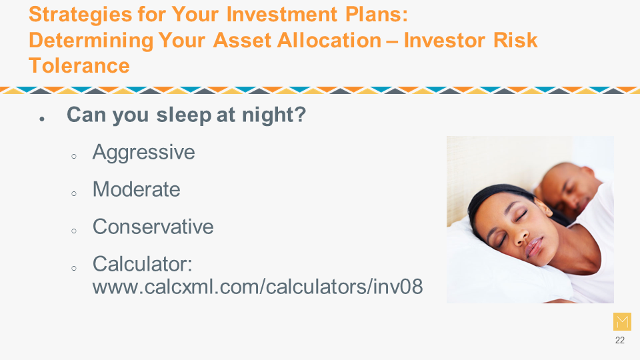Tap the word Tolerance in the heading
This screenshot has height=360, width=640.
(x=79, y=66)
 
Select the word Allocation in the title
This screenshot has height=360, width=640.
(x=329, y=41)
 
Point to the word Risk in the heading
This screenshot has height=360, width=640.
(x=515, y=41)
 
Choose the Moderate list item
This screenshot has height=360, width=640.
(x=136, y=189)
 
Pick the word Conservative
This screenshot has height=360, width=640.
(x=153, y=227)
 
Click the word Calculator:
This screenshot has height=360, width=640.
(x=143, y=264)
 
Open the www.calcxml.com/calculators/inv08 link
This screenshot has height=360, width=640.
(x=257, y=287)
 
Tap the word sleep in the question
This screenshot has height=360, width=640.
(x=184, y=115)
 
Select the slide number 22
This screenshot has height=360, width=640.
(x=619, y=340)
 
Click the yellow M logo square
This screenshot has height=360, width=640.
(x=622, y=321)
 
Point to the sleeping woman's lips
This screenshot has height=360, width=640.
(x=533, y=247)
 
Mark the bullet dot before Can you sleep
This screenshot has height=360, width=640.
(x=42, y=119)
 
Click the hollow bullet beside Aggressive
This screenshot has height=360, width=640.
(x=74, y=156)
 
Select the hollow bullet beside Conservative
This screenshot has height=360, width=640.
(x=74, y=231)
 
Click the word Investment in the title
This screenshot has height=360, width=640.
(x=281, y=15)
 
